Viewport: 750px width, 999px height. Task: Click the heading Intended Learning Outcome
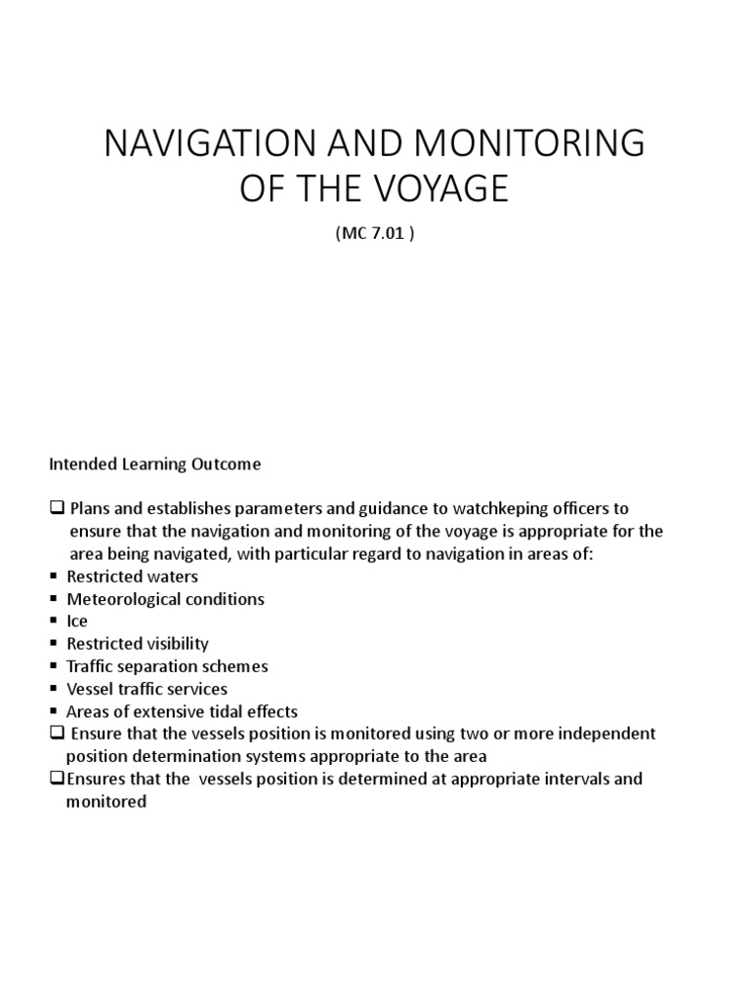[155, 464]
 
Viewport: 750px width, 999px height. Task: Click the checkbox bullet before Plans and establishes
[55, 509]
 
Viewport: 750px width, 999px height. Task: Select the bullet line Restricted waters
[132, 577]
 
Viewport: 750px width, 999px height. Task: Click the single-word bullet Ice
[76, 621]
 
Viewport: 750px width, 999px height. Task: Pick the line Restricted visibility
[138, 644]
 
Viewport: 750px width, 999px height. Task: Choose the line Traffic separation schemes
[167, 666]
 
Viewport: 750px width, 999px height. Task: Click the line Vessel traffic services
[146, 689]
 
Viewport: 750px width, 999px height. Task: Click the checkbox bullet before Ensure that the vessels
[55, 734]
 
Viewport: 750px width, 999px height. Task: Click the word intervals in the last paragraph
[566, 779]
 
